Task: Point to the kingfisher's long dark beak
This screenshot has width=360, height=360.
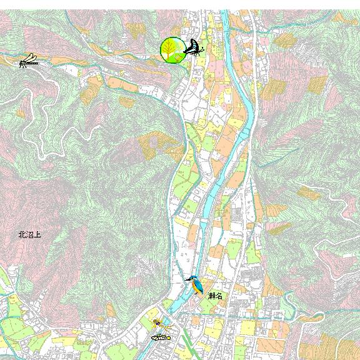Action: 187,279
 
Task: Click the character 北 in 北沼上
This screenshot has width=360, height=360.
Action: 22,235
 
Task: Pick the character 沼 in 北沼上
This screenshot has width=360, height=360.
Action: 29,235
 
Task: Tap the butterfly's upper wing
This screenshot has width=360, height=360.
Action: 193,44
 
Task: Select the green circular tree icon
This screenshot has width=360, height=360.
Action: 172,50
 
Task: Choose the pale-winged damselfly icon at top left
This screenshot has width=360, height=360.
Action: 29,61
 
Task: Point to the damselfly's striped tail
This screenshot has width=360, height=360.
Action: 34,62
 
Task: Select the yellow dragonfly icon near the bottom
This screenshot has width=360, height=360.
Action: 161,324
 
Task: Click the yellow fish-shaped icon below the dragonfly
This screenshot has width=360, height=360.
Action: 161,337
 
